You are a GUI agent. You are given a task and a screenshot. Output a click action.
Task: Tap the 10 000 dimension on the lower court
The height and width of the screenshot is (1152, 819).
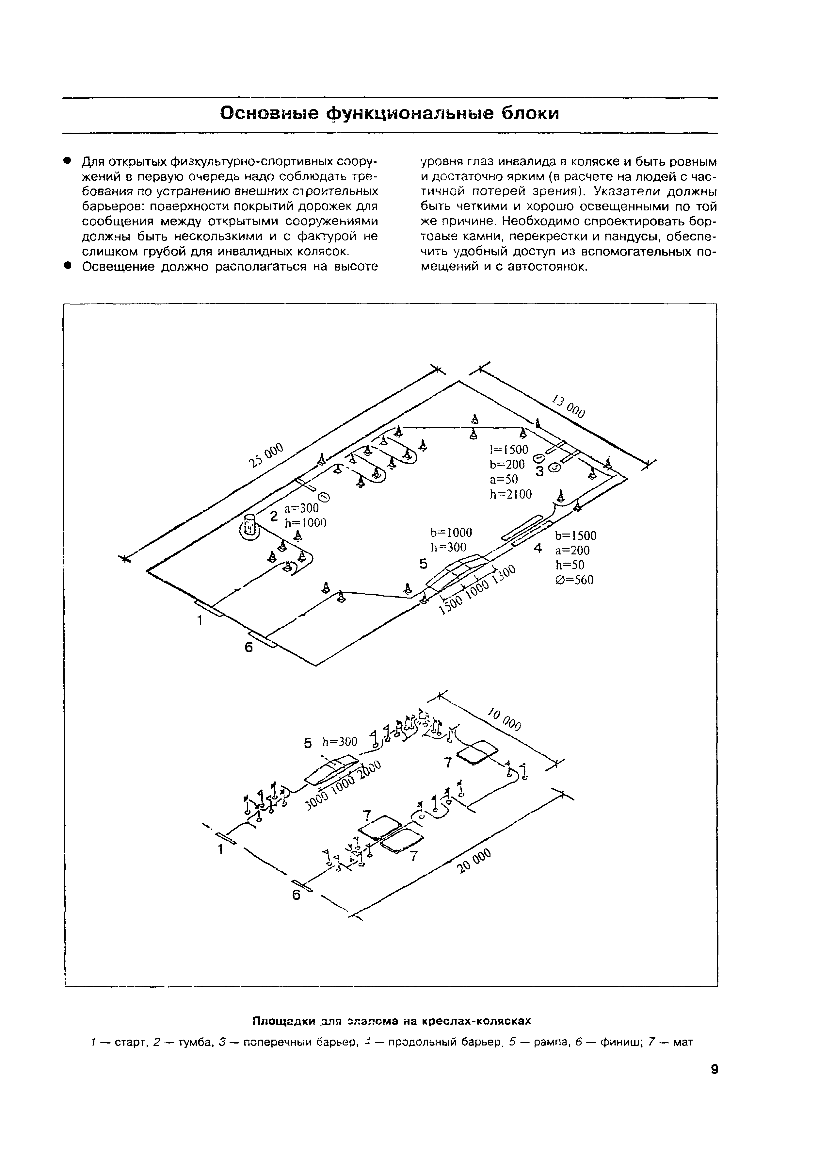(x=504, y=718)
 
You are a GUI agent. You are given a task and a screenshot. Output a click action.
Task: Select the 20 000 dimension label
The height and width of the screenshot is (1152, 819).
(x=474, y=861)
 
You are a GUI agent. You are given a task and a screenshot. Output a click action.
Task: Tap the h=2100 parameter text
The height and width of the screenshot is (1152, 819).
(x=510, y=494)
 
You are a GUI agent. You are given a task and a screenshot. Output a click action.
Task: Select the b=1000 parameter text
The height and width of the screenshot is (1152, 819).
(x=451, y=532)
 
